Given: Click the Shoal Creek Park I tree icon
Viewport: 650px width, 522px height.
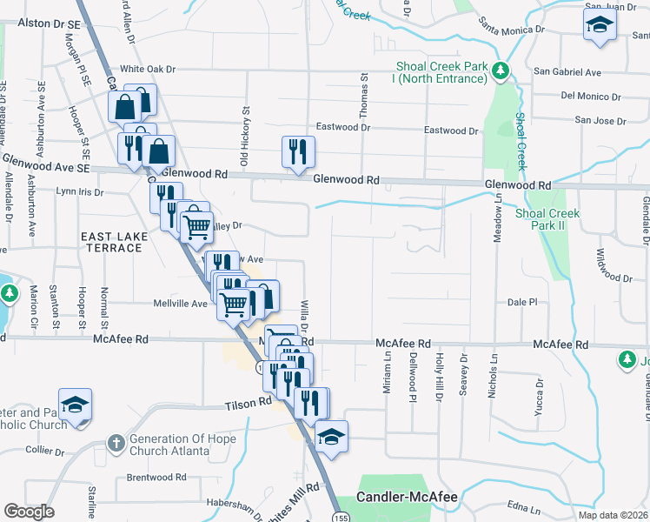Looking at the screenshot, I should tap(500, 70).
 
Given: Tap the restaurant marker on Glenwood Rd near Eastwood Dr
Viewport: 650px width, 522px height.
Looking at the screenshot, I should tap(298, 151).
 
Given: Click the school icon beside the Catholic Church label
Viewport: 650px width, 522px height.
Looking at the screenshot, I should tap(76, 405).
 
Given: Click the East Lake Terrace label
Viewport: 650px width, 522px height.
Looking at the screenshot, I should tap(111, 242).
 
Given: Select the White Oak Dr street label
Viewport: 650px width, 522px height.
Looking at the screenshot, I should tap(148, 70).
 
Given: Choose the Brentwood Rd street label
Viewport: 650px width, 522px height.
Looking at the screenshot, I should tap(156, 477).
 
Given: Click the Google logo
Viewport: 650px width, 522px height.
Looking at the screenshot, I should tap(29, 512).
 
